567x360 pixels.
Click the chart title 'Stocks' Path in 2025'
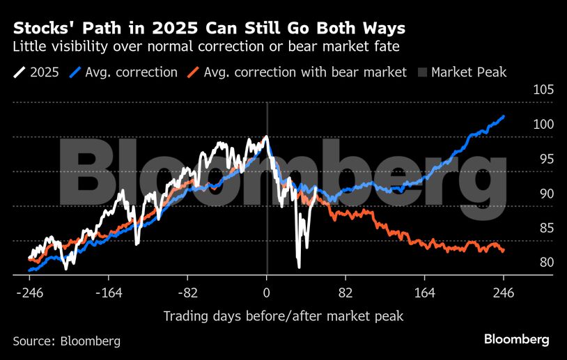pos(209,29)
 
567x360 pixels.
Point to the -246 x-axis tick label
pos(29,293)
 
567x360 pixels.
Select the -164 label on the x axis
pos(109,293)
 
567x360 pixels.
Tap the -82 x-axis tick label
pos(187,293)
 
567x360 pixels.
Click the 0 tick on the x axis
pos(267,293)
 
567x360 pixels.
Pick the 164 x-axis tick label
pos(425,293)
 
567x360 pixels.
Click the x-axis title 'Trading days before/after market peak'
pos(283,316)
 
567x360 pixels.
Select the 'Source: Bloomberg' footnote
pos(66,341)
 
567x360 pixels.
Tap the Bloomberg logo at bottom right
pos(516,340)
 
